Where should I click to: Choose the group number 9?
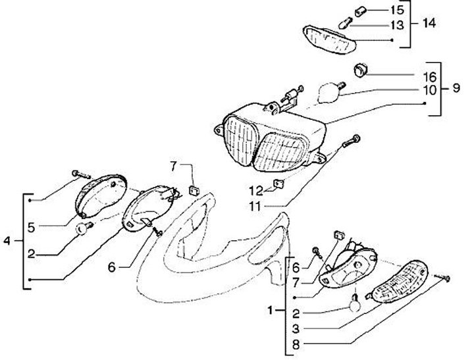click(x=457, y=89)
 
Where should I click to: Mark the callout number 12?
click(x=255, y=190)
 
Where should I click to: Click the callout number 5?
click(x=31, y=228)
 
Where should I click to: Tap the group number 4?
click(x=7, y=242)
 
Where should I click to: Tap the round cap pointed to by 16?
click(x=360, y=69)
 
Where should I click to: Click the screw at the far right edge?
click(x=447, y=280)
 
